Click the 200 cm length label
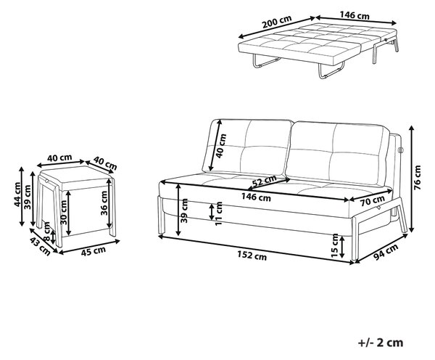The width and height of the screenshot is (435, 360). click(277, 22)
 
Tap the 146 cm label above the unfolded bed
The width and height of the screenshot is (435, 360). click(355, 15)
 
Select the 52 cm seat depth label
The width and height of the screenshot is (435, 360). click(265, 181)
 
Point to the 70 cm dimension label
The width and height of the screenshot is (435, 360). click(373, 200)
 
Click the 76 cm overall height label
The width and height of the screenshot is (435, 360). click(418, 178)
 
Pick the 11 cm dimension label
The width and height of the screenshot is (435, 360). click(219, 213)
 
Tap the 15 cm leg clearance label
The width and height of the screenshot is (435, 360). click(335, 245)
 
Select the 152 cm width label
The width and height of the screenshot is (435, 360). click(252, 255)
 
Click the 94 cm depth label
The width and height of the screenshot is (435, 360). click(386, 251)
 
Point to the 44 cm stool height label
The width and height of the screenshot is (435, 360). click(17, 195)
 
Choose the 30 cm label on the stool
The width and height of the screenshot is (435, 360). click(64, 212)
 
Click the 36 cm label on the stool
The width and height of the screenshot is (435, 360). click(104, 203)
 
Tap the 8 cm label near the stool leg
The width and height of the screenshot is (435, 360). click(46, 232)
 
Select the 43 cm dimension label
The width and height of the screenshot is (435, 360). click(40, 246)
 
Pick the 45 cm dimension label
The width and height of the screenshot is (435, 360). click(94, 251)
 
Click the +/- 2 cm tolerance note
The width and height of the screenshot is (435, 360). click(381, 343)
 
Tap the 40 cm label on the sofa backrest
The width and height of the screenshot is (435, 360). click(221, 146)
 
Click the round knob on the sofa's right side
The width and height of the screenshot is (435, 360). click(401, 150)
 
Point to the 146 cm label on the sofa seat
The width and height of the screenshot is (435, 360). click(256, 197)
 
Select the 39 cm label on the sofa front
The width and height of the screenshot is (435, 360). click(184, 210)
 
